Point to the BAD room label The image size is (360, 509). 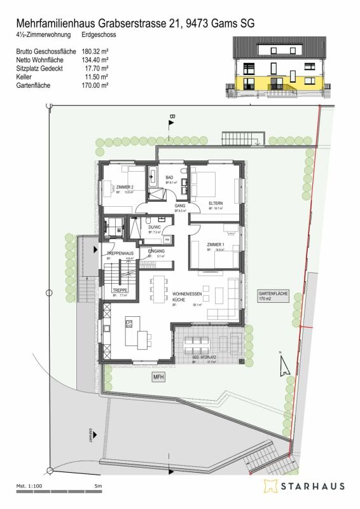(x=170, y=178)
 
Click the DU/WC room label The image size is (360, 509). (x=155, y=227)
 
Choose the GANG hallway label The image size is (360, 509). (x=179, y=206)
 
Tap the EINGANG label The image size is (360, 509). (x=156, y=251)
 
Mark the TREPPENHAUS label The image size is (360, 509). (x=119, y=254)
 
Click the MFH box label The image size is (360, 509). (x=158, y=377)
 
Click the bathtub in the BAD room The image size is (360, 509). (x=152, y=176)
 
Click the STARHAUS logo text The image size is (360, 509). (x=312, y=487)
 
